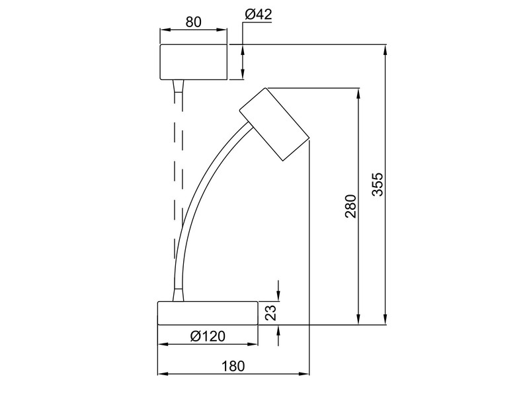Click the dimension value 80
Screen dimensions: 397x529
pos(193,21)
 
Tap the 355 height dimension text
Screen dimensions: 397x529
pos(377,185)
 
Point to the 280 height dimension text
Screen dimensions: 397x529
pos(350,206)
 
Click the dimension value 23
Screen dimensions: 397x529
pos(270,312)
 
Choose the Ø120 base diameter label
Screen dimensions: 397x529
pos(207,335)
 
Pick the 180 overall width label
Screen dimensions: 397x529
pos(232,365)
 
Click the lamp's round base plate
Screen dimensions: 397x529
pos(207,313)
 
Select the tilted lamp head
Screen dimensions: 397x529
pos(274,124)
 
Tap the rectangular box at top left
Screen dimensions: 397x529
pos(193,62)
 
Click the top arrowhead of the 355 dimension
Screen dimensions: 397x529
pos(385,49)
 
